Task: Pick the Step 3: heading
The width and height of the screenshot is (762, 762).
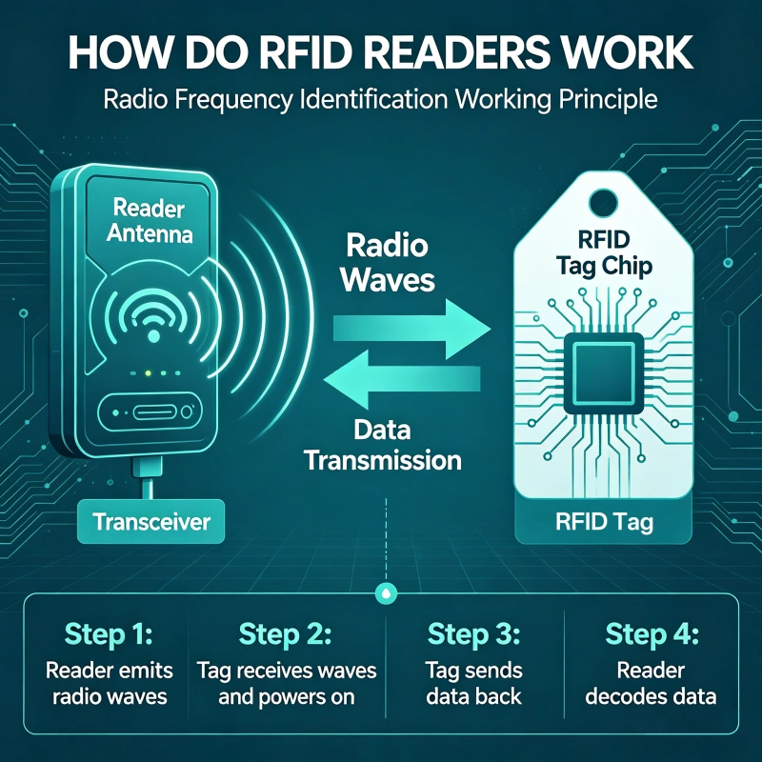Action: tap(474, 636)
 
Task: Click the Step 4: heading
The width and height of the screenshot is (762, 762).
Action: tap(653, 636)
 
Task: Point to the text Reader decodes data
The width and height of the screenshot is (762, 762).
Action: tap(653, 683)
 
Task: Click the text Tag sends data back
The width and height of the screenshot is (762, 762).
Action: tap(474, 683)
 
